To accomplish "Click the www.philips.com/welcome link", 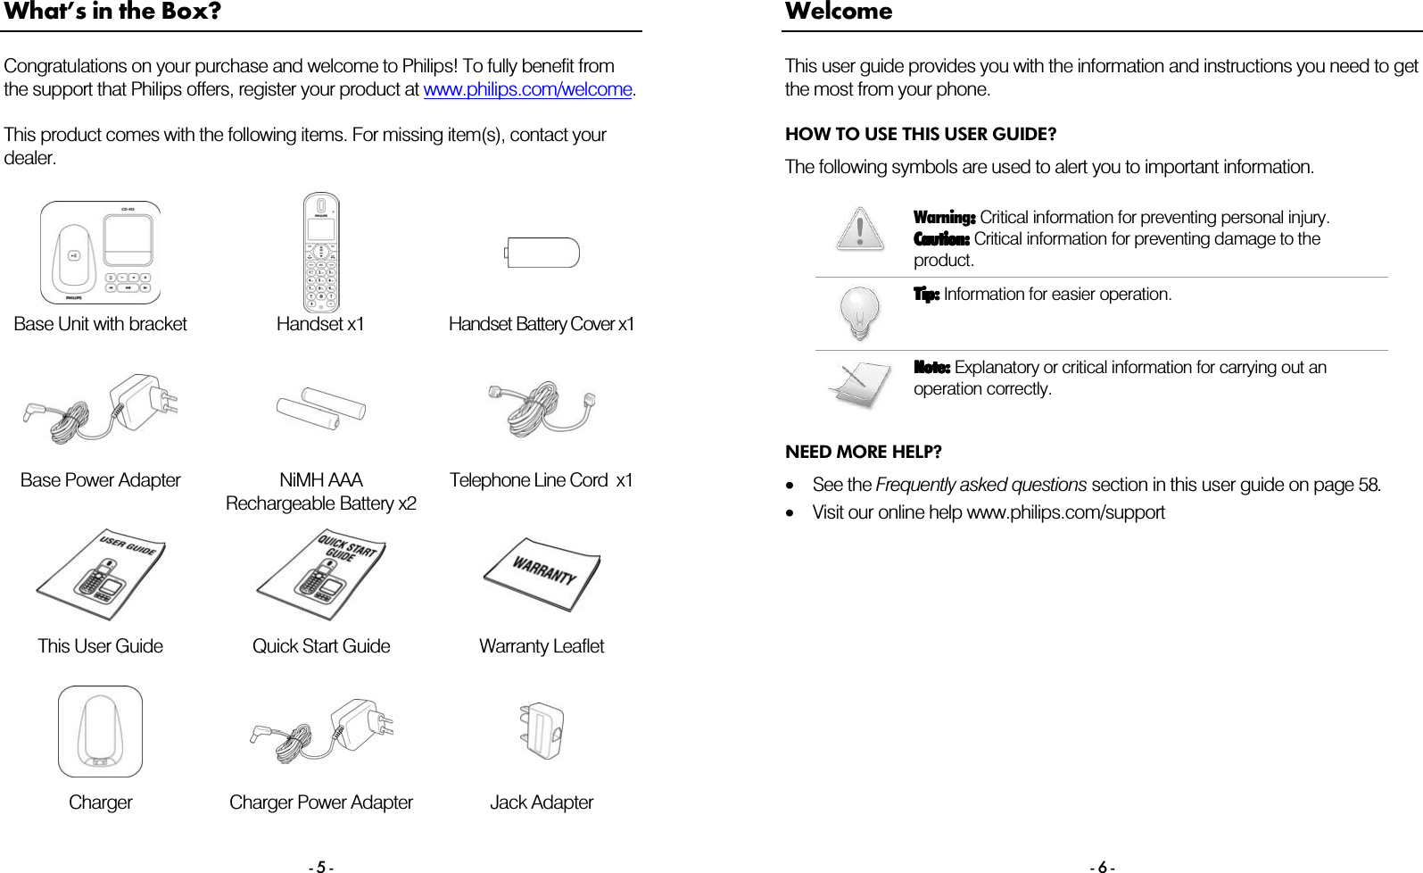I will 527,90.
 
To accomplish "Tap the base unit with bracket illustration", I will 101,253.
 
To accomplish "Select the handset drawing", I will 321,253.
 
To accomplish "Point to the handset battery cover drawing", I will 542,253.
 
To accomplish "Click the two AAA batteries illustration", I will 321,410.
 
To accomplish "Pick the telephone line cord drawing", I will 541,410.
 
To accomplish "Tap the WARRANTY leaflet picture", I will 542,573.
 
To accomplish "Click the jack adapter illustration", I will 541,731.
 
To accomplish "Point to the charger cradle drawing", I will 100,731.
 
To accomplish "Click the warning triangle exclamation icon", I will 859,229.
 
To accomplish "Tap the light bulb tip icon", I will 859,312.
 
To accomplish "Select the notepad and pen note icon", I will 859,384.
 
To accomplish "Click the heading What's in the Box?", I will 112,12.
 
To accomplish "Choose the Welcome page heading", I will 839,12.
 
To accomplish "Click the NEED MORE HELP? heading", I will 863,452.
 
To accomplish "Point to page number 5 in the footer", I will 321,866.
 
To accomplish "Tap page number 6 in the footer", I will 1102,866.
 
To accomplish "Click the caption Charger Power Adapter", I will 321,802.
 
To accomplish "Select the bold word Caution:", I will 941,239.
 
